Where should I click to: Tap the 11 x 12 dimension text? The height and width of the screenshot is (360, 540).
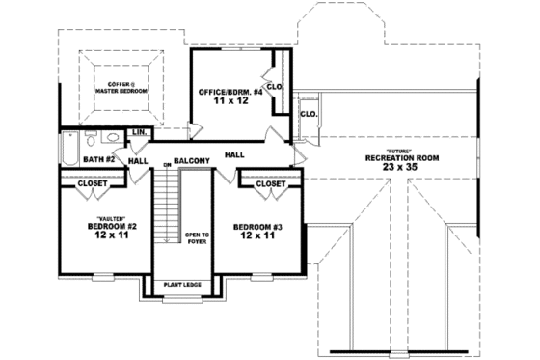[x=224, y=102]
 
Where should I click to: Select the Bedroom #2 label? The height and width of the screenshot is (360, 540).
[x=113, y=227]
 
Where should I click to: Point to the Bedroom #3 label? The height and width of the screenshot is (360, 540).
[x=256, y=227]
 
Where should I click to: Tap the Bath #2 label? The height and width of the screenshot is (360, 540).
[x=97, y=159]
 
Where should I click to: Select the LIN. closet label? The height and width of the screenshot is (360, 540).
[x=139, y=131]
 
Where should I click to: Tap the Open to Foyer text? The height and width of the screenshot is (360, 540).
[x=197, y=237]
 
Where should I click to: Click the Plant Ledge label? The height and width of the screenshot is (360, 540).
[x=182, y=285]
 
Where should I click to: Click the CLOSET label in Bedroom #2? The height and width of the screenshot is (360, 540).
[x=93, y=182]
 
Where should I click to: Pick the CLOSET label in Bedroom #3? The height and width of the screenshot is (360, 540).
[x=272, y=182]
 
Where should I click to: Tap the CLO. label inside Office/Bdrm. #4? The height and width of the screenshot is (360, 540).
[x=274, y=86]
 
